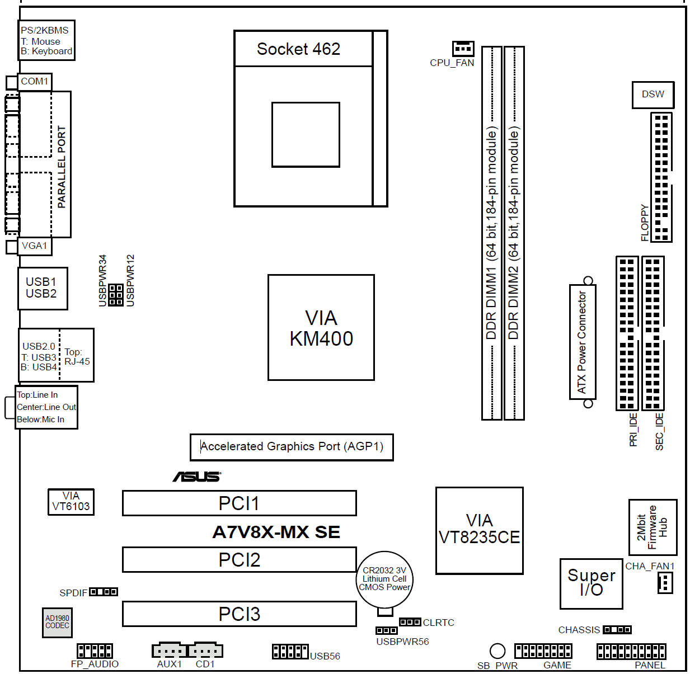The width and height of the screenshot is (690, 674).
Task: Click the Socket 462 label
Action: pos(298,49)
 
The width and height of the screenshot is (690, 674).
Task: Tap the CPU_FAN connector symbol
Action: pos(463,49)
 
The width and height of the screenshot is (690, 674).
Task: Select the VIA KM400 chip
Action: pos(321,328)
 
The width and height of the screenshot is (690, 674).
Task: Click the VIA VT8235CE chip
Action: pos(479,530)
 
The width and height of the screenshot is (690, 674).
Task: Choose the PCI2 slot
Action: pos(239,560)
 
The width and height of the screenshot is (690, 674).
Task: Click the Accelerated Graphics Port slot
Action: pos(292,447)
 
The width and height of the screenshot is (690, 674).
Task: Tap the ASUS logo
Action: pos(196,477)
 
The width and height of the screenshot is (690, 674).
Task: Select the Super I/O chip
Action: pos(591,583)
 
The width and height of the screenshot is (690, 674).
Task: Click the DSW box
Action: pos(653,95)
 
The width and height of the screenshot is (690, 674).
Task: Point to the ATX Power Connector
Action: pos(582,342)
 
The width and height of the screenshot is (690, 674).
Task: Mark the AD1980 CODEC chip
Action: pos(57,623)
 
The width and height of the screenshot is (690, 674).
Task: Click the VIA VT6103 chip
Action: pos(71,501)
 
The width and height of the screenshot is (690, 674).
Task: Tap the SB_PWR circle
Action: pos(497,651)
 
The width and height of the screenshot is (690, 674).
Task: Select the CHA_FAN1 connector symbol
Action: pos(665,583)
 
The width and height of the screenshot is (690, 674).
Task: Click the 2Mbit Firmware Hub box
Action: pos(653,527)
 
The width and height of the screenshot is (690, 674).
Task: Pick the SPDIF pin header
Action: pos(104,592)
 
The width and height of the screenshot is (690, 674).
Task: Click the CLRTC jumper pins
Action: pos(410,622)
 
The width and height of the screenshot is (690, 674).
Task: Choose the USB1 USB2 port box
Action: pos(43,288)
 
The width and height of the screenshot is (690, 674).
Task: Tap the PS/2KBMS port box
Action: pos(46,40)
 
